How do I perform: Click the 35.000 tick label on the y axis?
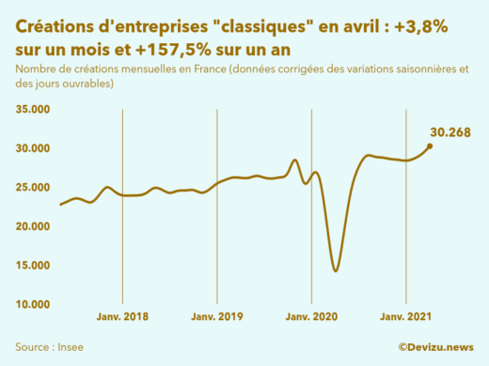pos(35,110)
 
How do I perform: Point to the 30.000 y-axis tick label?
pos(35,148)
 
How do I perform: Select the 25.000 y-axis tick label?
pos(35,188)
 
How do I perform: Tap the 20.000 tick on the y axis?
pos(35,226)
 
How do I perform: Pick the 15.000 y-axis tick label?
pos(35,266)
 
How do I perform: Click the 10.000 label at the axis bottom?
pos(35,304)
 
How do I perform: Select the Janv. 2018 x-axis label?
pos(123,318)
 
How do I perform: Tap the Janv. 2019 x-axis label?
pos(217,318)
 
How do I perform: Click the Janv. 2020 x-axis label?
pos(311,318)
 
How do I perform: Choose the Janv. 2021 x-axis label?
pos(405,318)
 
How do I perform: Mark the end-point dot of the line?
pos(430,145)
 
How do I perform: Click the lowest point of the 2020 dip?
pos(336,271)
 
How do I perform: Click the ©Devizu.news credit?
pos(435,346)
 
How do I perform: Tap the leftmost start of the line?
pos(60,205)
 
